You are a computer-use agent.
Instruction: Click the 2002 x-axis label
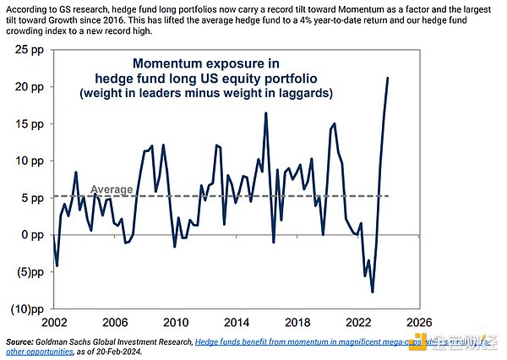tap(54, 323)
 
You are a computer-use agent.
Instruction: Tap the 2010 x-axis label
tap(176, 323)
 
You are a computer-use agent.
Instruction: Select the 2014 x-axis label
tap(237, 323)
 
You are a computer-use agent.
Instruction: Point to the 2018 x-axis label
tap(297, 323)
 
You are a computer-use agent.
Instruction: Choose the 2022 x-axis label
tap(358, 323)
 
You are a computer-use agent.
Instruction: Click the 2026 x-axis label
tap(419, 323)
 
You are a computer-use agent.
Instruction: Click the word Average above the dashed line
tap(111, 189)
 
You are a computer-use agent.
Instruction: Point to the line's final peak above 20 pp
tap(388, 79)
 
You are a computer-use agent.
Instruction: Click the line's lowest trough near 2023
tap(373, 292)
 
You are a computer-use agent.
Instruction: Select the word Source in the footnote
tap(19, 341)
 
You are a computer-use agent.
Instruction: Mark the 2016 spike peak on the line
tap(266, 113)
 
